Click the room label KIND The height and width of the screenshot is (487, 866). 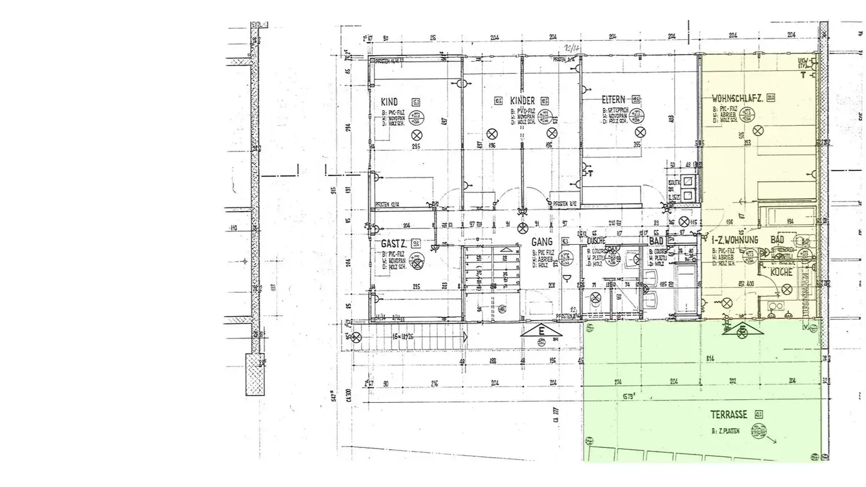coord(389,102)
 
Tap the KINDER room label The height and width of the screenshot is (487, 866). coord(522,100)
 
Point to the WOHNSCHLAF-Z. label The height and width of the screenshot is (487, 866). coord(737,97)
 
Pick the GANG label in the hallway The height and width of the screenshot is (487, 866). coord(542,241)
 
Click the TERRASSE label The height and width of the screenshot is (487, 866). coord(728,414)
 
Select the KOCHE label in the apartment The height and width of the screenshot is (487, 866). coord(782,272)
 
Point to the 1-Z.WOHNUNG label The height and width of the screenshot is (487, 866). coord(734,239)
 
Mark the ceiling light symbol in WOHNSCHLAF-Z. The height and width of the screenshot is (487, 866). coord(759,129)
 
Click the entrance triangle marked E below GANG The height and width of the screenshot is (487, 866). coord(541,331)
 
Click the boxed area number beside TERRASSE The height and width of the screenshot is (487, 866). coord(758,414)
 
